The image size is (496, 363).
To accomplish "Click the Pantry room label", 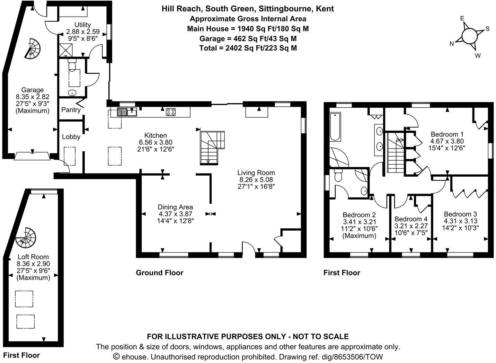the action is [71, 110].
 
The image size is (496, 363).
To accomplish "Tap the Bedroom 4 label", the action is [411, 219].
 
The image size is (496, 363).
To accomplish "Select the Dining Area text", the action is [175, 207].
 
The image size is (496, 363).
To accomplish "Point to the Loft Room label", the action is [33, 257].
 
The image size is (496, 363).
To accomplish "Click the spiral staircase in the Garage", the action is [33, 48].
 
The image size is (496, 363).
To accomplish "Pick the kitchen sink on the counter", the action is [127, 112].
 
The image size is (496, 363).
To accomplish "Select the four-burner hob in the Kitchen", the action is [170, 112].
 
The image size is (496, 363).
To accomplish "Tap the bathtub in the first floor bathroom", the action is [335, 126].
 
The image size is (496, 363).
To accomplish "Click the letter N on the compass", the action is [452, 43].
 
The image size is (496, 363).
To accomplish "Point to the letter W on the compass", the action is [478, 55].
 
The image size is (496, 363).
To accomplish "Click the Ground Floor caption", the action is [159, 273].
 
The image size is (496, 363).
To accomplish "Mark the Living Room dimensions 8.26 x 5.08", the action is [256, 179].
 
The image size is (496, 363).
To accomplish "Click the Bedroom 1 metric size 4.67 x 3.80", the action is [447, 141].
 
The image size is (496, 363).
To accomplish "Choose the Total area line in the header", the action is [248, 48].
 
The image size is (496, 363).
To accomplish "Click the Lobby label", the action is [71, 137].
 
